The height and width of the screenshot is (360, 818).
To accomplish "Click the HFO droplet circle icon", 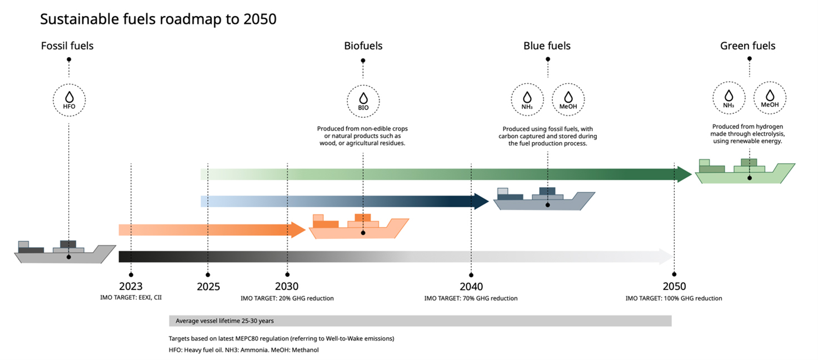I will [x=68, y=100].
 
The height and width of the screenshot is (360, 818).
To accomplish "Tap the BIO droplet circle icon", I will [x=363, y=101].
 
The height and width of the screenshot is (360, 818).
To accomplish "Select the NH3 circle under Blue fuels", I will [x=527, y=99].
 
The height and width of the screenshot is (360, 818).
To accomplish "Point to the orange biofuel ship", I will [x=358, y=227].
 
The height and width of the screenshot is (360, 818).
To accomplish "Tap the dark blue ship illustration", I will [x=543, y=199].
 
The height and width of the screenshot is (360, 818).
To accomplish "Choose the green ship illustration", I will [x=745, y=172].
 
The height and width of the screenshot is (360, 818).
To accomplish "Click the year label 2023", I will [x=131, y=287].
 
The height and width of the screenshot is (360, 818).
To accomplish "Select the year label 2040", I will [x=471, y=287].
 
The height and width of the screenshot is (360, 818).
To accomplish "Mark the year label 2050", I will [x=674, y=287].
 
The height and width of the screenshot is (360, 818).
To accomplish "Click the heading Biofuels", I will [x=363, y=46].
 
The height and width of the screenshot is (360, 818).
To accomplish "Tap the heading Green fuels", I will [x=747, y=46].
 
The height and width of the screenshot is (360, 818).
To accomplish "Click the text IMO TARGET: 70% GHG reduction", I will [x=471, y=298].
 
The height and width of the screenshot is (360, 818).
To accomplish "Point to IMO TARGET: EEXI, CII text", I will [x=131, y=298].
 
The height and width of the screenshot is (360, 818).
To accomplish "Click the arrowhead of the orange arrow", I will [x=299, y=229].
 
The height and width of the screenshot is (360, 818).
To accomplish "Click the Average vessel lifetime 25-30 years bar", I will [x=420, y=321].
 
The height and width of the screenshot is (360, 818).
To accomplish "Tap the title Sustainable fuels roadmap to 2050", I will [x=158, y=19].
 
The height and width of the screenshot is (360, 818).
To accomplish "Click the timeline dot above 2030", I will [x=287, y=274].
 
